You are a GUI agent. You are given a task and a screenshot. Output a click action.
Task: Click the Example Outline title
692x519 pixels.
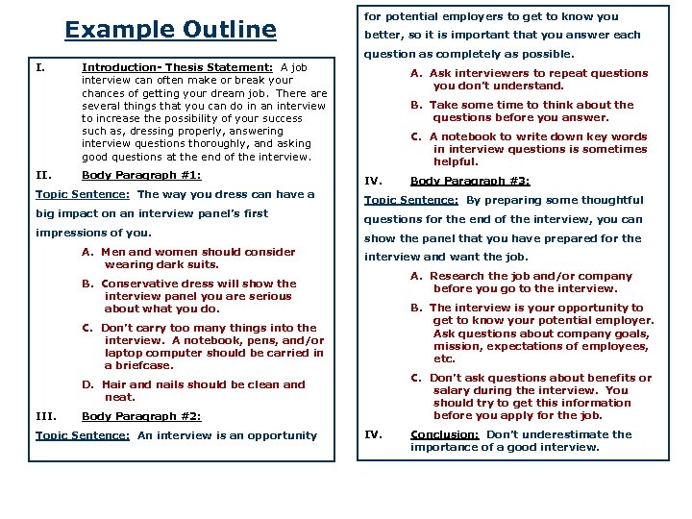point(170,30)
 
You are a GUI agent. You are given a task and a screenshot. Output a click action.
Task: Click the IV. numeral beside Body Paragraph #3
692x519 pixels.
point(373,181)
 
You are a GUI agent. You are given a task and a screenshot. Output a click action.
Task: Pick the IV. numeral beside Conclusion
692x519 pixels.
point(373,434)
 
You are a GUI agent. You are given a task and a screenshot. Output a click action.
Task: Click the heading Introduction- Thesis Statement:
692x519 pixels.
point(178,68)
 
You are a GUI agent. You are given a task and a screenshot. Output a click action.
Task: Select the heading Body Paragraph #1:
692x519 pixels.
point(141,176)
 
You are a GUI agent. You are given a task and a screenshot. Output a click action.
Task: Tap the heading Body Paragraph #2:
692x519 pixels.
point(141,416)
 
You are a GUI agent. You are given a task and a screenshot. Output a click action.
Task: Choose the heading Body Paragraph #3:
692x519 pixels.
point(470,181)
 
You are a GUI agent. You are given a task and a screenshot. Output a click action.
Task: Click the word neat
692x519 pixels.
point(119,397)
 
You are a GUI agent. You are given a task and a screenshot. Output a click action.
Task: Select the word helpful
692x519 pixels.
point(456,161)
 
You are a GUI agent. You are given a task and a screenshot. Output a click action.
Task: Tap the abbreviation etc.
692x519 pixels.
point(444,359)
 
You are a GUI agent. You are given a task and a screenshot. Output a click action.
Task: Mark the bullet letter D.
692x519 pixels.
point(87,384)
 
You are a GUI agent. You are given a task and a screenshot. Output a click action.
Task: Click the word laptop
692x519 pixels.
point(124,353)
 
